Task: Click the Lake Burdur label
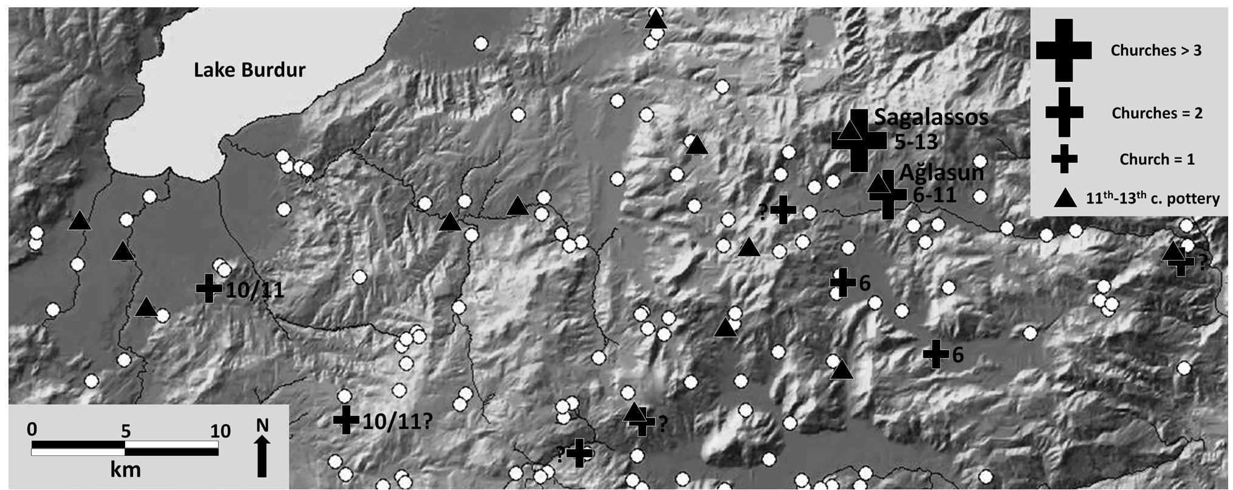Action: [249, 70]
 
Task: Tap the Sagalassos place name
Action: [931, 117]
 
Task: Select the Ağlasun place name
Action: [941, 173]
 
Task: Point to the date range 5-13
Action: [916, 142]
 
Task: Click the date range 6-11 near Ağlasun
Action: [935, 195]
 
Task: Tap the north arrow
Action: [262, 457]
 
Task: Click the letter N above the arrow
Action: [262, 425]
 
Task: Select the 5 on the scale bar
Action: [125, 431]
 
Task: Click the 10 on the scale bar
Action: [220, 431]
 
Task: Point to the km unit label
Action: [125, 470]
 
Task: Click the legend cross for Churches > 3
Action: [1064, 50]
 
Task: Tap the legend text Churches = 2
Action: [1156, 113]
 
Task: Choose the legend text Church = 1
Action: [1156, 159]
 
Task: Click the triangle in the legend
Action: [1065, 198]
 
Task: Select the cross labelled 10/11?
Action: [346, 419]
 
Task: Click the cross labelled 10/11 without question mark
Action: [209, 288]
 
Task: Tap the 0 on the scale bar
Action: [32, 429]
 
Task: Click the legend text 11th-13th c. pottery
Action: [1152, 198]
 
